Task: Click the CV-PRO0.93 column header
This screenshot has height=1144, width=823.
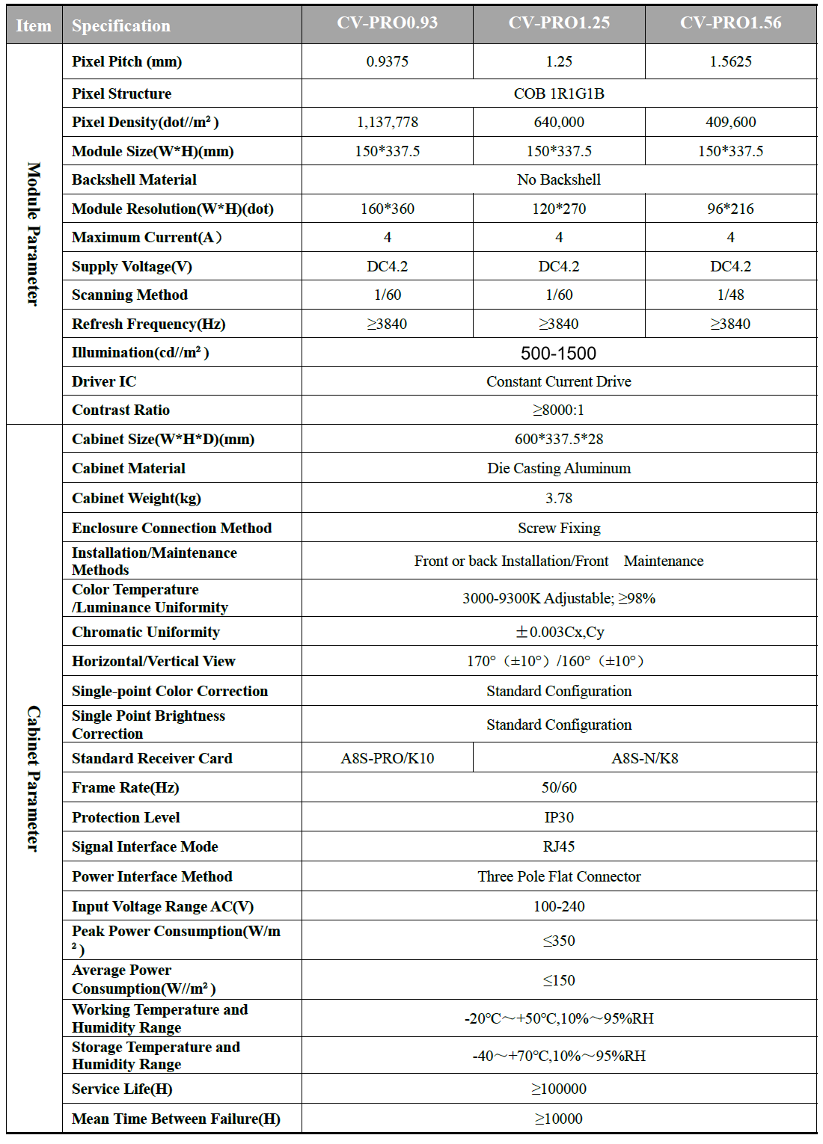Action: [387, 23]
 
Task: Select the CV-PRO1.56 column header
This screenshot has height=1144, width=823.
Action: [730, 23]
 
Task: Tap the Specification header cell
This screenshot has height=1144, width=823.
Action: [121, 26]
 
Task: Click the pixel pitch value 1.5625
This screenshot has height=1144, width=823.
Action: [730, 61]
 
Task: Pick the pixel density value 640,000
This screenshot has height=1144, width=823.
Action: [559, 122]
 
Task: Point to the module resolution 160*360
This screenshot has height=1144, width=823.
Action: [387, 209]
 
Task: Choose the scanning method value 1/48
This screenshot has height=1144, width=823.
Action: [730, 295]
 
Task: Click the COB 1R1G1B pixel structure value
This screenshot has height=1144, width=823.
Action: [559, 93]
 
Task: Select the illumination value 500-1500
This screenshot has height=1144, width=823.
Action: [558, 353]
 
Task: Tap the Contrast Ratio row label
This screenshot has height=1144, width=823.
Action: [121, 410]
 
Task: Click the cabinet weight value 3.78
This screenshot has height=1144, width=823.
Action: [559, 498]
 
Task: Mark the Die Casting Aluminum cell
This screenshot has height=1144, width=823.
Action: [559, 468]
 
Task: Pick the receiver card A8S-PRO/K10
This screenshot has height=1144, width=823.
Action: [387, 758]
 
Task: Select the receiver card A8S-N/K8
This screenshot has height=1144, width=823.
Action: [644, 758]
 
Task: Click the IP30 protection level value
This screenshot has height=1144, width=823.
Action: [559, 817]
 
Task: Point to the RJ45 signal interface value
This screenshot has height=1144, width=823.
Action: [559, 846]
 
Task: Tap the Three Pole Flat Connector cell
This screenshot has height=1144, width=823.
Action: [559, 876]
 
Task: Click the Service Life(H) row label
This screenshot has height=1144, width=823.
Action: [122, 1089]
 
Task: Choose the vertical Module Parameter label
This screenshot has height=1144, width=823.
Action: [34, 233]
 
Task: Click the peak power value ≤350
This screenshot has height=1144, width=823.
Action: [559, 941]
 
